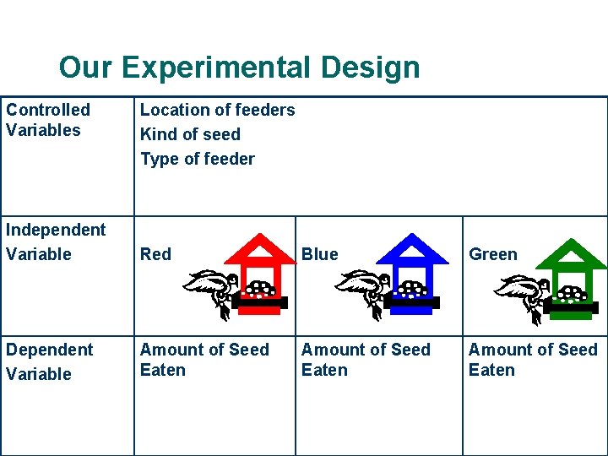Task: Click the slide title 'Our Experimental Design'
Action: (x=239, y=67)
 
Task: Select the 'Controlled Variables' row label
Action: (x=47, y=120)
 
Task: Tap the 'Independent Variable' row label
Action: (x=55, y=242)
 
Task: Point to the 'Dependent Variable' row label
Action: (x=49, y=361)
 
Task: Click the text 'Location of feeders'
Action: (x=217, y=110)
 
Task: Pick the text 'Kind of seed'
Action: (x=190, y=134)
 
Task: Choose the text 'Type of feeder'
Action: (x=197, y=159)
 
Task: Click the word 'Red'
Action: (x=155, y=254)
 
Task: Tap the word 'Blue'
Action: (x=319, y=254)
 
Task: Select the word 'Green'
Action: (x=493, y=254)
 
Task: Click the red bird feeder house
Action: (x=260, y=274)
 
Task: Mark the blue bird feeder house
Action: (x=410, y=274)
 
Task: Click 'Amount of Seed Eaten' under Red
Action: (x=204, y=360)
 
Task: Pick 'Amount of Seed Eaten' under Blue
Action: (x=366, y=360)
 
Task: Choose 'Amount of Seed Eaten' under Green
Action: (x=532, y=360)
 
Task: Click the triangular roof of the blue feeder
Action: (x=411, y=249)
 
